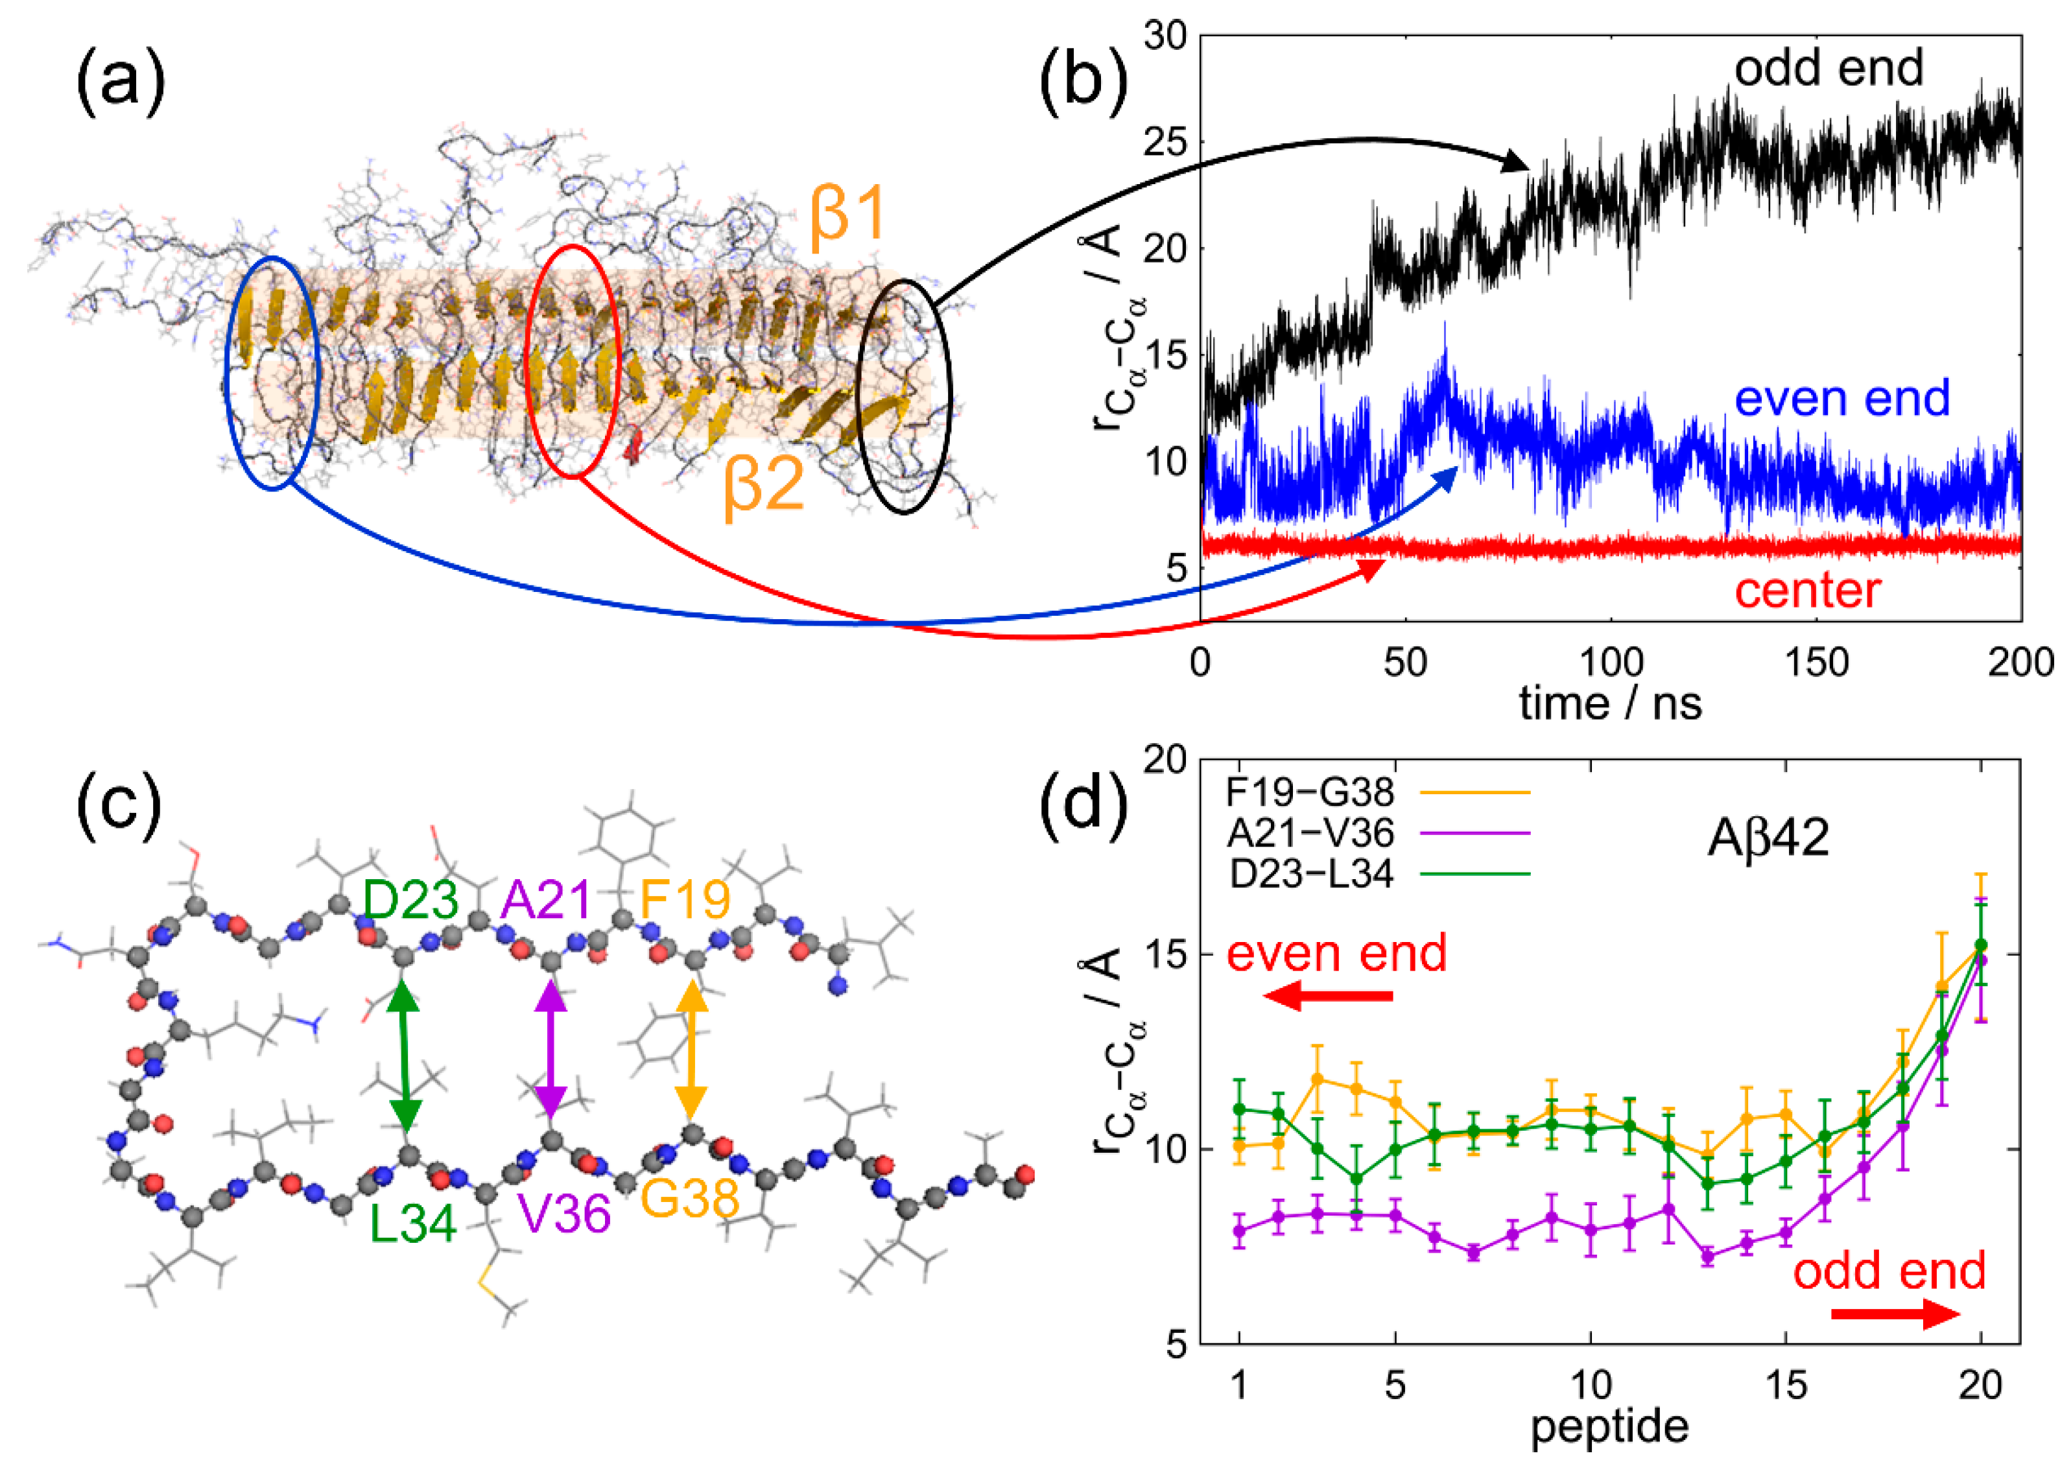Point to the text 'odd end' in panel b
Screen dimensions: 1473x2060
click(1828, 68)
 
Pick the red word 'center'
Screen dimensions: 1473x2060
click(1808, 591)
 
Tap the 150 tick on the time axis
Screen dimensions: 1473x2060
click(1816, 663)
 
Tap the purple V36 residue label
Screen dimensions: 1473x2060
click(564, 1214)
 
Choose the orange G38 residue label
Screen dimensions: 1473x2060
click(689, 1199)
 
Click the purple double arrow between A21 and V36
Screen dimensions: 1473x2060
click(551, 1050)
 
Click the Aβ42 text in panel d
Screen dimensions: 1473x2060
click(1768, 837)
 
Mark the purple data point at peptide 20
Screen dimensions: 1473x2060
click(1981, 960)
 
